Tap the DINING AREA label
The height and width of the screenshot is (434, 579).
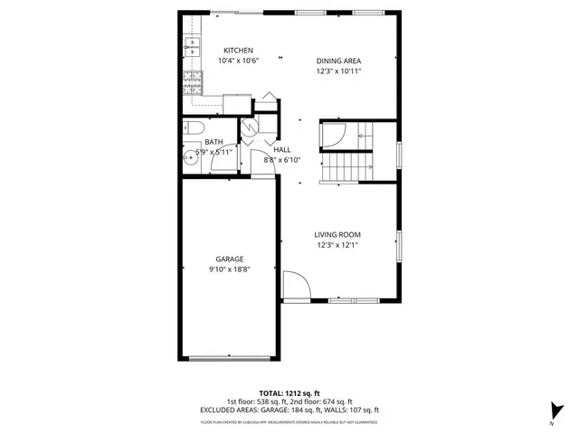pos(338,61)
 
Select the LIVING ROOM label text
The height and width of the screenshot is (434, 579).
pos(338,234)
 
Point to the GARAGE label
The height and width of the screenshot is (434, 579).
pos(229,259)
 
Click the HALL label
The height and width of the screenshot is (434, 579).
pos(282,149)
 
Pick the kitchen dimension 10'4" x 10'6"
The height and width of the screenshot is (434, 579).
pos(239,61)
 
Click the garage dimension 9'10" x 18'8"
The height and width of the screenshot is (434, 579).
pos(229,269)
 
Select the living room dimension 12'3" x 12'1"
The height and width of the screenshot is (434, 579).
pos(338,245)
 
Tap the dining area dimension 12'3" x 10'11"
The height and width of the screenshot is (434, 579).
pos(339,71)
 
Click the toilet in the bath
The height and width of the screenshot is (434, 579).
pos(193,128)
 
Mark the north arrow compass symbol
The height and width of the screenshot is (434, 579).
pos(551,410)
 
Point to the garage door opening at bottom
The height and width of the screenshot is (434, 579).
pos(227,358)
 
